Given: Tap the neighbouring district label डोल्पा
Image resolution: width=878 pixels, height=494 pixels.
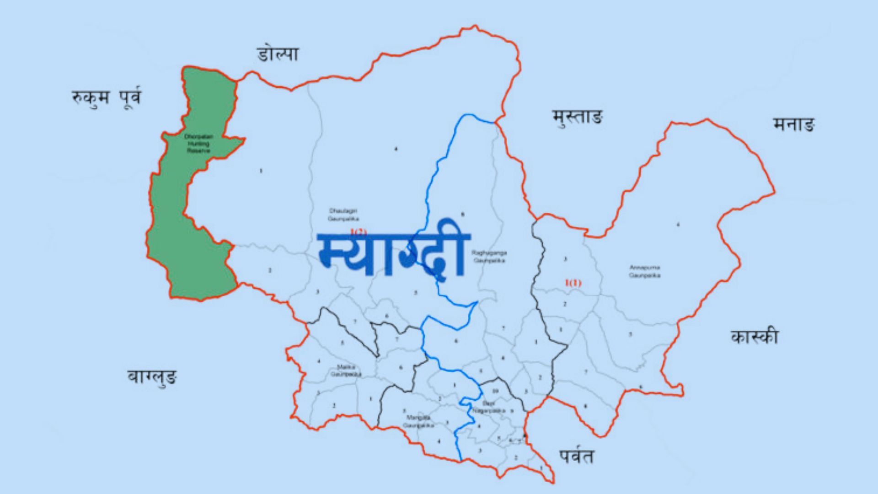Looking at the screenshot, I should tap(278, 54).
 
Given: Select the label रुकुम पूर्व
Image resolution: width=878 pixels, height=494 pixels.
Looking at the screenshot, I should tap(107, 97).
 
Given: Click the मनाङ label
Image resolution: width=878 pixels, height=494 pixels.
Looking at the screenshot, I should tap(794, 124).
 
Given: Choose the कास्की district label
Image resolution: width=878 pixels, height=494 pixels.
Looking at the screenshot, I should tap(754, 337).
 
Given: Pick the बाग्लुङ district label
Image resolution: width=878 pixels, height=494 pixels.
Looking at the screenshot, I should tap(152, 377).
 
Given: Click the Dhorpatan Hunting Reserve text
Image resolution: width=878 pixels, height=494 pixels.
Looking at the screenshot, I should tap(198, 144).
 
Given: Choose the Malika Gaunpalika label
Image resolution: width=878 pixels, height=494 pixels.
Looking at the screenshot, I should tap(346, 370).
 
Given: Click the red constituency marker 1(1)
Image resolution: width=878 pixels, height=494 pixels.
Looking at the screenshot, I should tap(573, 283).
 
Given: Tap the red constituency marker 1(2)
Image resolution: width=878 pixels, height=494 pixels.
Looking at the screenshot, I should tap(358, 231).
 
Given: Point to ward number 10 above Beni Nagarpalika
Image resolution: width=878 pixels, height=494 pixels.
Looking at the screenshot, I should tap(495, 392).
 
